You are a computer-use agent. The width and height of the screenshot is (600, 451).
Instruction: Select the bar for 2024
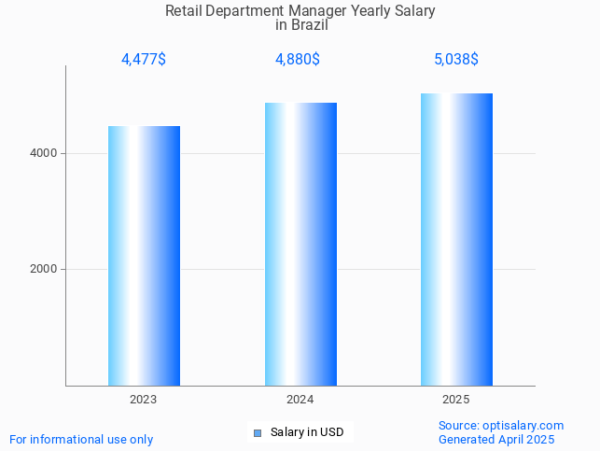(x=300, y=244)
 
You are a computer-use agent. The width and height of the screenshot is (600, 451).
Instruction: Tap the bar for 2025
(x=456, y=239)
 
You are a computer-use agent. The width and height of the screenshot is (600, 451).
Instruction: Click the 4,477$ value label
(x=144, y=60)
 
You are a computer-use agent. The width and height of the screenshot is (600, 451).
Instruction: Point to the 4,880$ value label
(x=298, y=60)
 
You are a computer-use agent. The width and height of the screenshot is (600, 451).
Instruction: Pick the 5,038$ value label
(x=456, y=60)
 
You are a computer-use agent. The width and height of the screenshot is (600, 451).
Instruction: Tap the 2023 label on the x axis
(x=144, y=400)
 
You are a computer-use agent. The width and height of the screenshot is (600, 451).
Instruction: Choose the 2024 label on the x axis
(x=300, y=400)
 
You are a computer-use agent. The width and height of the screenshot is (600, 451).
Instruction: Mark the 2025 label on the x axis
(x=456, y=400)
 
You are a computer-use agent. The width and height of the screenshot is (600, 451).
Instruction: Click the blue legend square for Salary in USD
(x=258, y=432)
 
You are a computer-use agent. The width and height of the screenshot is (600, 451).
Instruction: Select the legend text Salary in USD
(x=307, y=432)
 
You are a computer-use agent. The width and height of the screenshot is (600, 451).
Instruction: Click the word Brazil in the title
(x=308, y=25)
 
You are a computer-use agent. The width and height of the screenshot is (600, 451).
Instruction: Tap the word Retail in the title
(x=183, y=11)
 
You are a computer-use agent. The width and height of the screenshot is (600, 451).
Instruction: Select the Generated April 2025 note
(x=496, y=439)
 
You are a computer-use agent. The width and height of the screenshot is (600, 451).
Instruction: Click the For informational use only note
(x=81, y=439)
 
